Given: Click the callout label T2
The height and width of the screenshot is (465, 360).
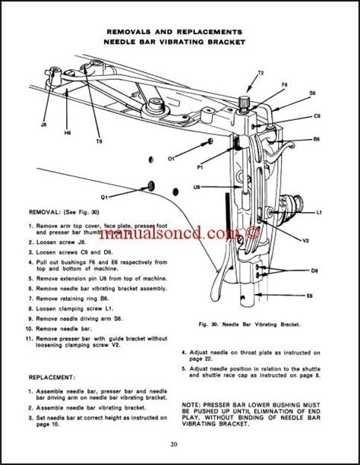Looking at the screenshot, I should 260,73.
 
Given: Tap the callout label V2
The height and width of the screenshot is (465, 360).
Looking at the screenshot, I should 305,241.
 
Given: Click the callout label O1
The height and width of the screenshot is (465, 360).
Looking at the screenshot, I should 172,159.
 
